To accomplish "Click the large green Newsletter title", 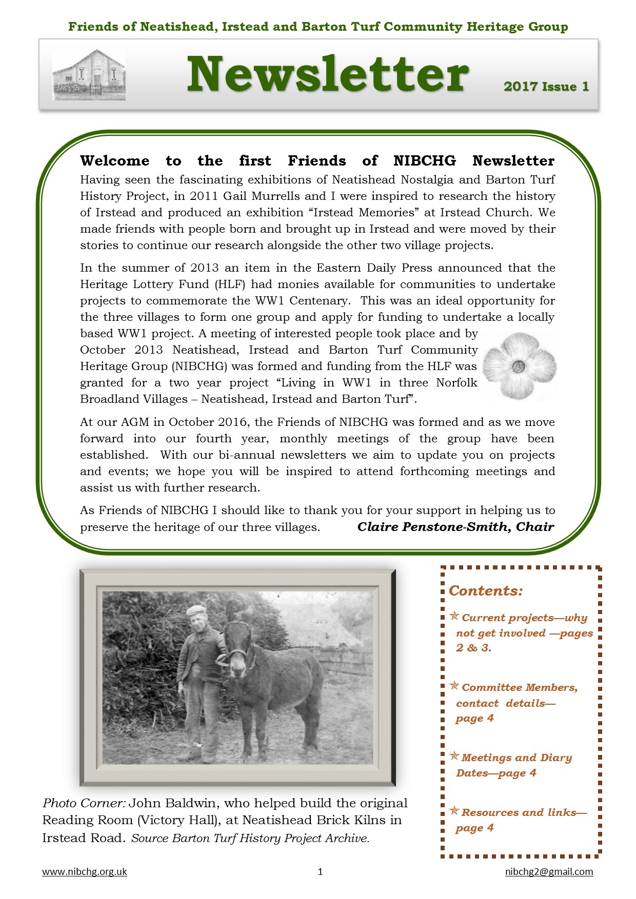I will [327, 75].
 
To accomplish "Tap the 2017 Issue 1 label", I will [546, 87].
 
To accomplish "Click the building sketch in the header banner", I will [89, 75].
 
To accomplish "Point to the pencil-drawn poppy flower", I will [519, 366].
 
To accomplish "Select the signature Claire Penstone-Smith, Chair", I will [455, 527].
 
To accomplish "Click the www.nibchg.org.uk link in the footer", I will [84, 872].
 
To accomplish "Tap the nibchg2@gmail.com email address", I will [549, 872].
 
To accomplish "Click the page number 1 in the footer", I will [321, 872].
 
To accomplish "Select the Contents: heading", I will [486, 591].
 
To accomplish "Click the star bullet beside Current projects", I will [454, 616].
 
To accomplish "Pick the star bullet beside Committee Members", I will [454, 686].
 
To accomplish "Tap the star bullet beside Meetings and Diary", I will [454, 756].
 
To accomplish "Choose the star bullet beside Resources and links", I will [454, 811].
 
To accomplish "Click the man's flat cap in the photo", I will [196, 610].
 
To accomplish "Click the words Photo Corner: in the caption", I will [84, 803].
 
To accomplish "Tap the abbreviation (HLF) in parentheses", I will [230, 284].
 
